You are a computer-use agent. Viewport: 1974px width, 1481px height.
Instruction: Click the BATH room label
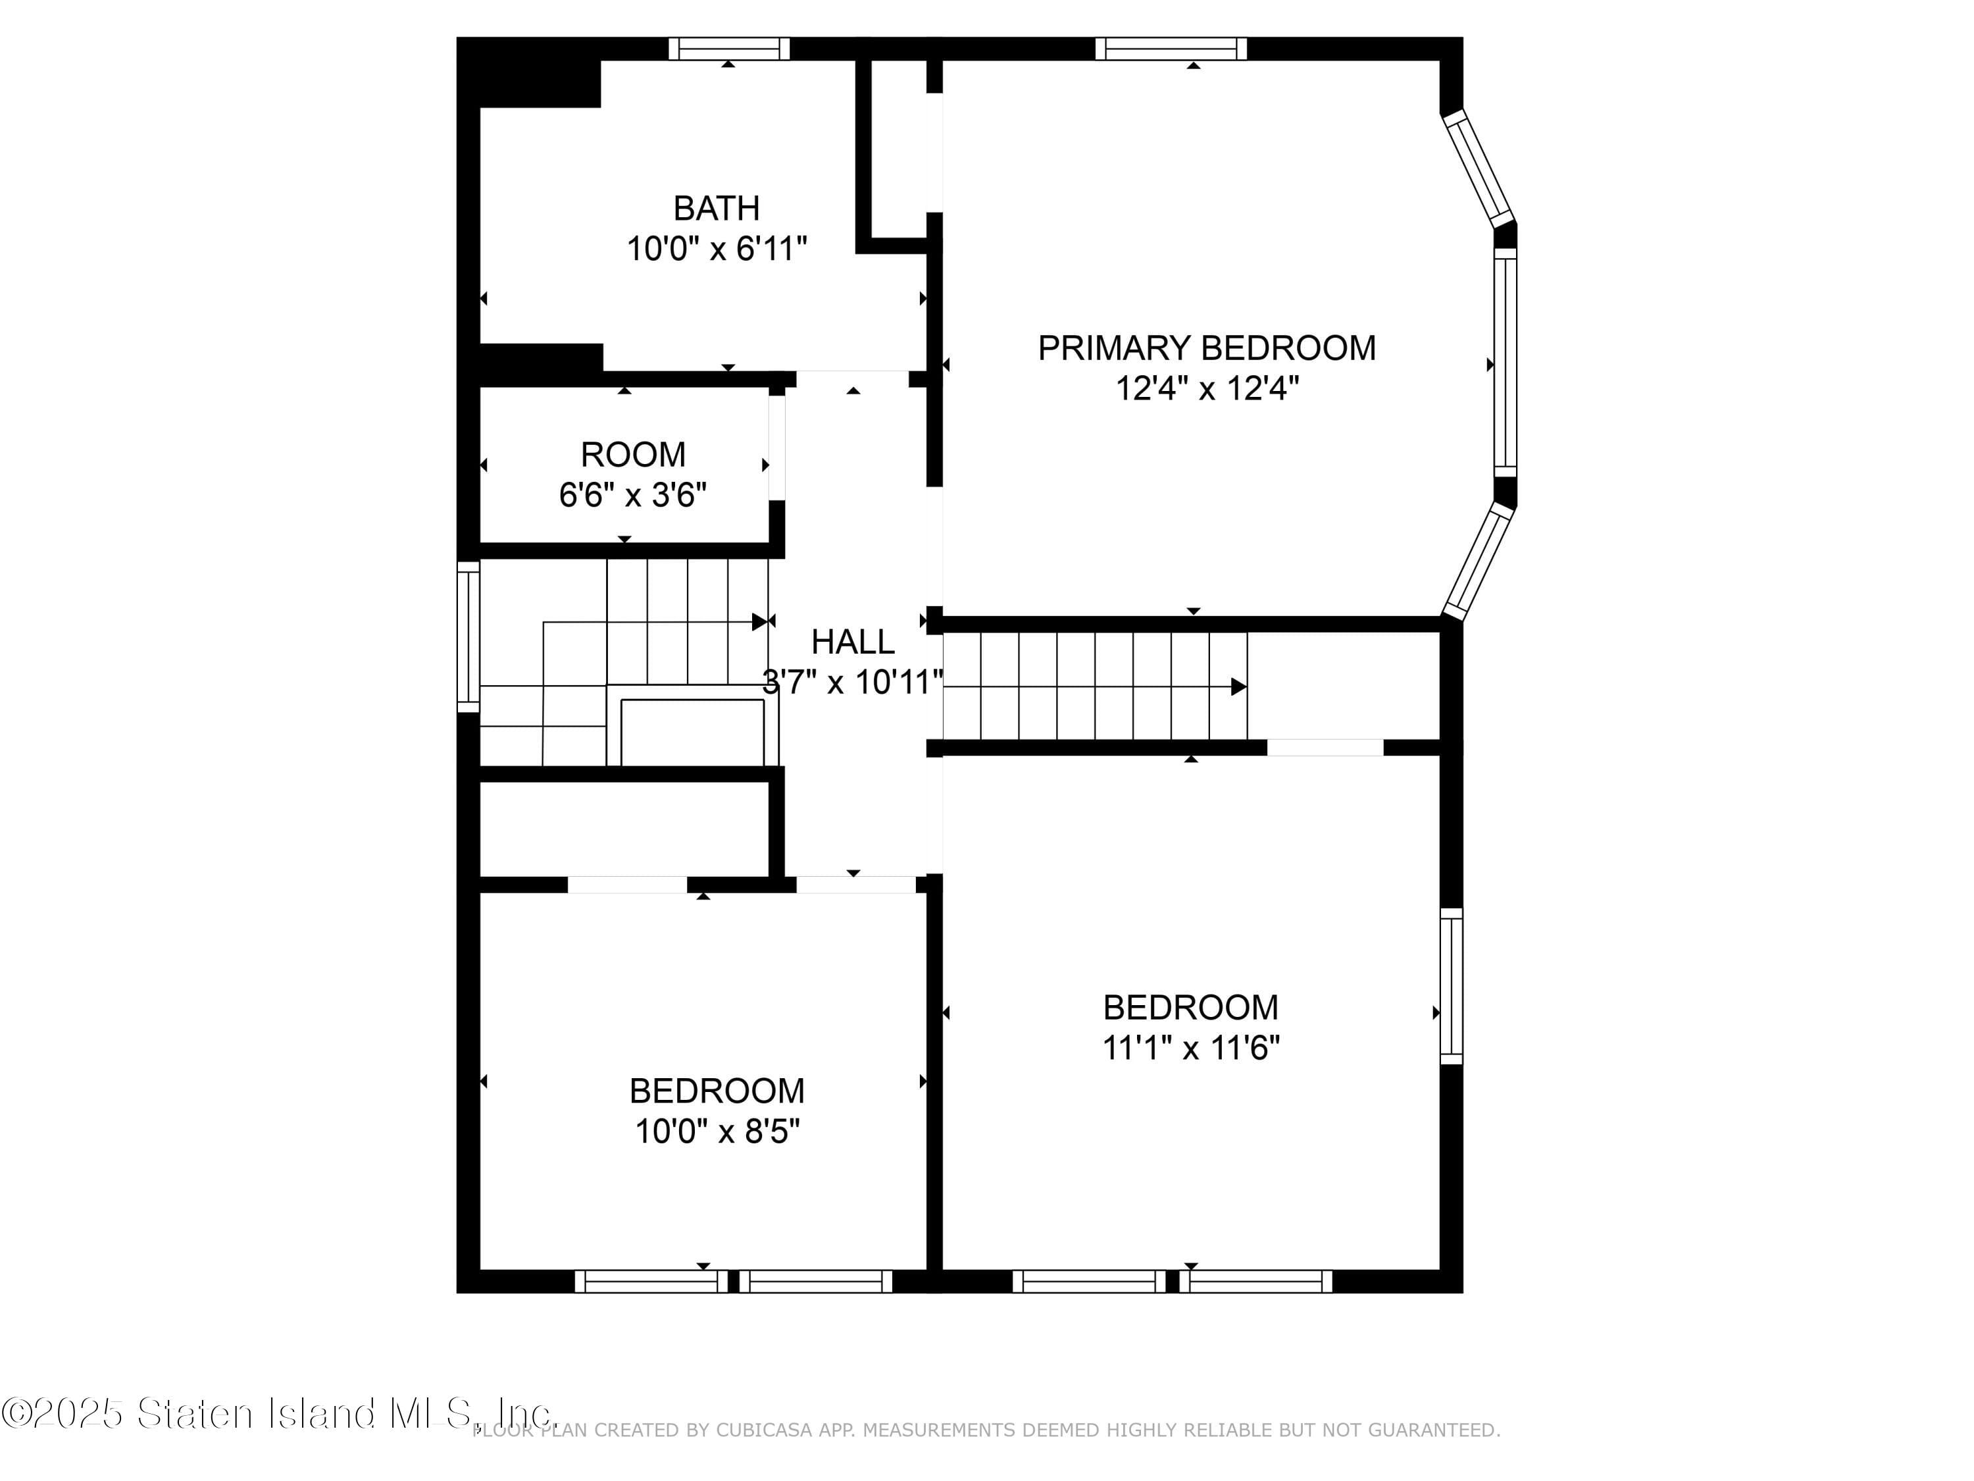click(x=716, y=208)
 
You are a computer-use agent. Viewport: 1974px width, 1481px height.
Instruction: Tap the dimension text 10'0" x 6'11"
click(x=717, y=249)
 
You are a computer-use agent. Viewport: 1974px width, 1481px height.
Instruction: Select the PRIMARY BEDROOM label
click(x=1207, y=348)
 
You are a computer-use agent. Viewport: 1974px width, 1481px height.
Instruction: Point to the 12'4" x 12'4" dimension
click(x=1207, y=389)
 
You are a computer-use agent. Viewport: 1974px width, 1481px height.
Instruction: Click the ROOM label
click(x=633, y=454)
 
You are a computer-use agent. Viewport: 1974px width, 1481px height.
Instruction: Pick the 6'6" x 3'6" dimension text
click(x=633, y=494)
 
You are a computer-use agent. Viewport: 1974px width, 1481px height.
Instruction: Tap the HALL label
click(x=852, y=642)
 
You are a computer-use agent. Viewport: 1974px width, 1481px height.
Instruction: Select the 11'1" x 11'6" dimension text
click(x=1190, y=1048)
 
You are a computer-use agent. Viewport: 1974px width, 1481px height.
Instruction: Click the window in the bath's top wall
click(x=729, y=48)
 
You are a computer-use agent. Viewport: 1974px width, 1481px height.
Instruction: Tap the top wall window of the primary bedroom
click(x=1171, y=48)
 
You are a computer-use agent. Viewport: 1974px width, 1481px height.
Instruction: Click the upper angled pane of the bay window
click(x=1478, y=168)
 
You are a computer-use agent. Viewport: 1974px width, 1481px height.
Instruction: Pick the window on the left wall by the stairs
click(x=468, y=637)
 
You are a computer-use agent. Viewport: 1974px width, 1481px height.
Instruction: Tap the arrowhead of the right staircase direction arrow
click(x=1238, y=687)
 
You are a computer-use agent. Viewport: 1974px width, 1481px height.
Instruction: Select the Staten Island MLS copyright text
click(x=278, y=1413)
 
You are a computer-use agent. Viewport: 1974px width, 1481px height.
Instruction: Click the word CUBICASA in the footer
click(x=764, y=1430)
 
